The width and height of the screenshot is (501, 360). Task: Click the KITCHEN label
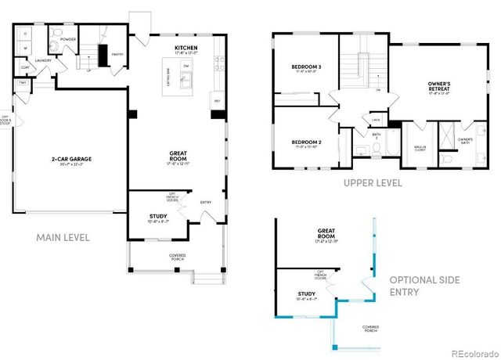[186, 49]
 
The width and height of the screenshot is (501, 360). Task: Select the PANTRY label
[117, 55]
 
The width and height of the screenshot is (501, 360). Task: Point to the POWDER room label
[67, 39]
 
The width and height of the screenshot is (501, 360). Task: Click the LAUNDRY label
[42, 59]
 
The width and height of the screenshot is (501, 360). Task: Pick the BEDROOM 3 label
[306, 68]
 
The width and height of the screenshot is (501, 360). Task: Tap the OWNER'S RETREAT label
[443, 85]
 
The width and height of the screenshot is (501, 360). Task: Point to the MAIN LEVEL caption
[63, 237]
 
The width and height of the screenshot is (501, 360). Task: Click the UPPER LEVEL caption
[373, 183]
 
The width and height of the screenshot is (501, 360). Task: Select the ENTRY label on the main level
[206, 202]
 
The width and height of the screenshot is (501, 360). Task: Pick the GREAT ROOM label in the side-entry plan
[326, 232]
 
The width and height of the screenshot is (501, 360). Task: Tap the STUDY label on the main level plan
[158, 216]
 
